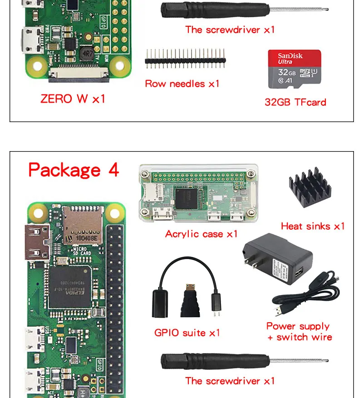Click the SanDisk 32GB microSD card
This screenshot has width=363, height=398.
(295, 69)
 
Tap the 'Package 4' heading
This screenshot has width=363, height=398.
(74, 170)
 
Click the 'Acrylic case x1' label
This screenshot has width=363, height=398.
(201, 234)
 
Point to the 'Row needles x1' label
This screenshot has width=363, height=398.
(182, 84)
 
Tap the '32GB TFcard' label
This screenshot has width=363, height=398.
(295, 102)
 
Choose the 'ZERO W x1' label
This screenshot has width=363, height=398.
(73, 98)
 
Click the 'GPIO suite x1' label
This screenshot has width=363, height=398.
(187, 333)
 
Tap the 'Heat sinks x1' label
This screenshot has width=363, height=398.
(313, 226)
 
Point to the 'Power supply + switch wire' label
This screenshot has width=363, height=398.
(299, 331)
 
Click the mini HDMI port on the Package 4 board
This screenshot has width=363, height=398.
(37, 242)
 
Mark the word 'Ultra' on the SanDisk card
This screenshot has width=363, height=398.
(285, 62)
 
